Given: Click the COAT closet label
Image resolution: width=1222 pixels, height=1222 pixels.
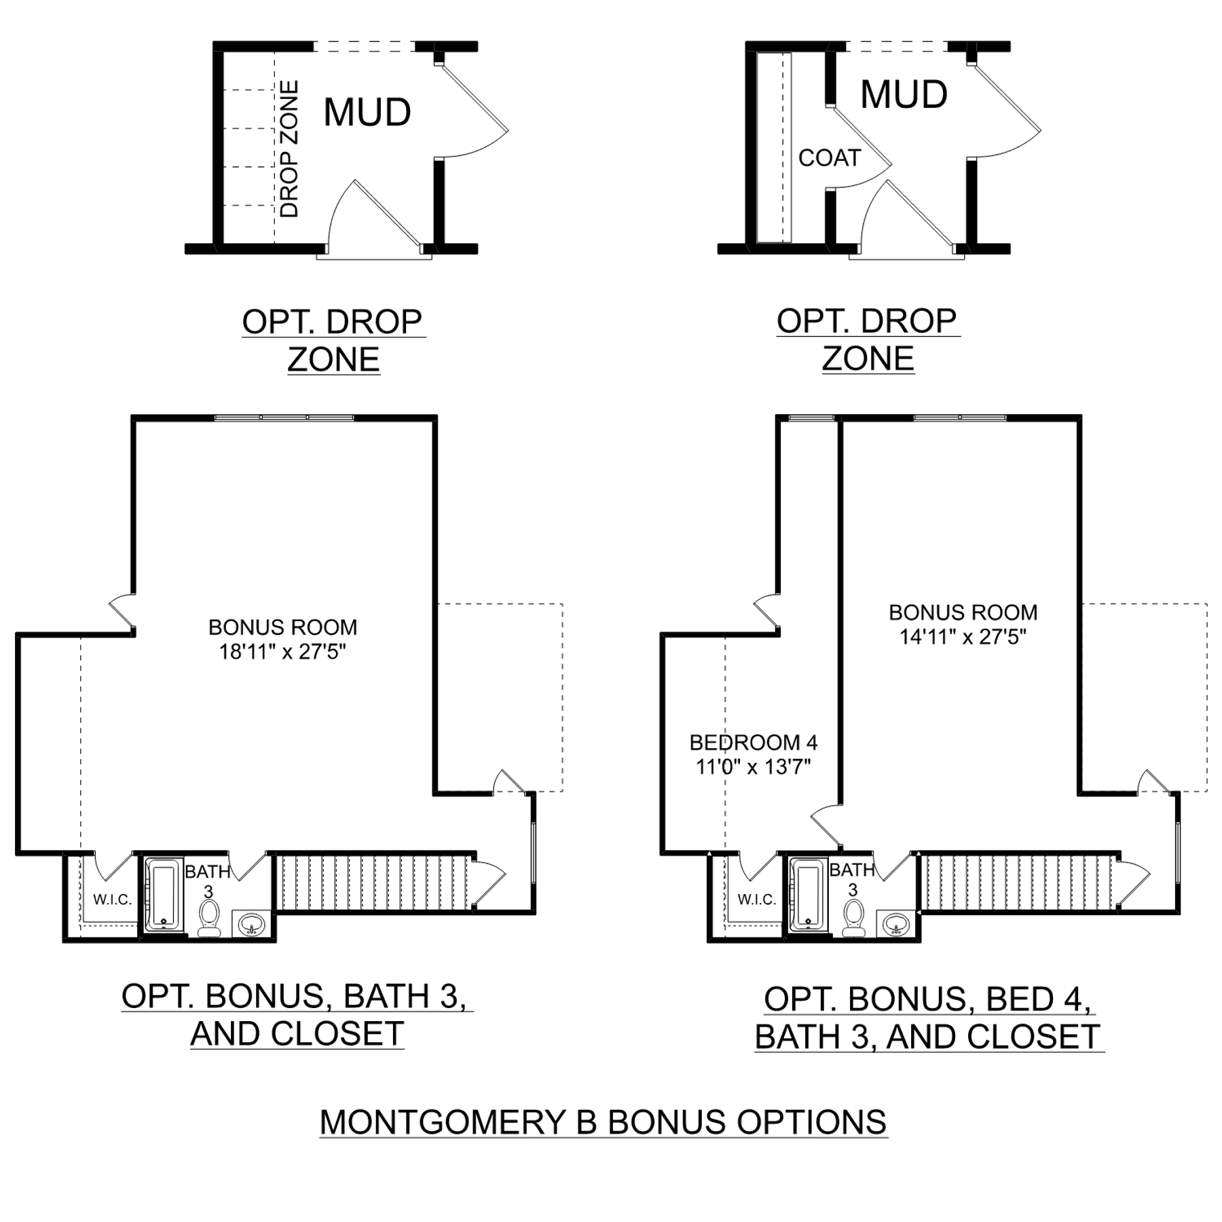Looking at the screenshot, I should (829, 158).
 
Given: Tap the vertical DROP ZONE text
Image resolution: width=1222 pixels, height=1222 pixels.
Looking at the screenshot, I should (289, 149).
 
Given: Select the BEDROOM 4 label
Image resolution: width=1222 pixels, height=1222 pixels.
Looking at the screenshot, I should (754, 743).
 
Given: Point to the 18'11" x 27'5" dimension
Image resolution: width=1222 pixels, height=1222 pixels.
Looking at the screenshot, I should (282, 652).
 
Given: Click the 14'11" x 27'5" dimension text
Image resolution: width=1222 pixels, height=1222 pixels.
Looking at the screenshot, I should (963, 637).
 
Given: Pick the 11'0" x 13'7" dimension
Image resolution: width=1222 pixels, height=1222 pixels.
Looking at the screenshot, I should (754, 767).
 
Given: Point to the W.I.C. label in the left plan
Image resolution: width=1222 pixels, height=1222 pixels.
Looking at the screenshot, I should (112, 900).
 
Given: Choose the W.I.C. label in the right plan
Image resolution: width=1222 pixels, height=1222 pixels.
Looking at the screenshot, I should (757, 900).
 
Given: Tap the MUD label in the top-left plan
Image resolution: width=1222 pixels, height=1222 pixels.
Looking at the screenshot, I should (367, 112).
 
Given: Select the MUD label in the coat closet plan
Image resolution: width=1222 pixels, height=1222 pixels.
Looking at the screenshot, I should (904, 94).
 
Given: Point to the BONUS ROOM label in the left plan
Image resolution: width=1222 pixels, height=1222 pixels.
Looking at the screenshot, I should (282, 627).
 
